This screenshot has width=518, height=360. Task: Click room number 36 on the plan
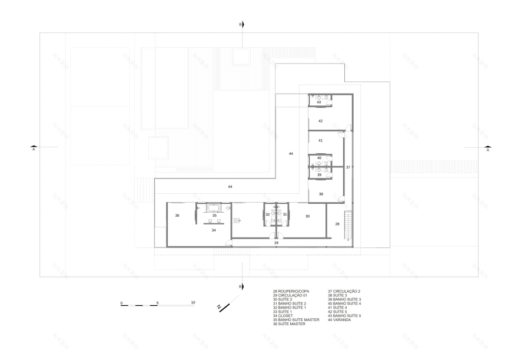point(177,216)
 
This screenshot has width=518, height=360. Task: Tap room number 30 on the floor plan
point(307,216)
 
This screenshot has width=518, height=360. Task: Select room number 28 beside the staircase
point(337,224)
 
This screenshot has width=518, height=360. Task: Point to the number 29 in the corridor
point(276,242)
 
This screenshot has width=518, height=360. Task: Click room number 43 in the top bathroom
point(319,103)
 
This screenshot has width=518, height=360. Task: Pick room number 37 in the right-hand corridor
point(348,168)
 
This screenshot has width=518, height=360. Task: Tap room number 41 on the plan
point(321,141)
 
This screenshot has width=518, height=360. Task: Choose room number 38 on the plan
point(321,194)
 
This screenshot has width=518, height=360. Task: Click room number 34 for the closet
point(214,230)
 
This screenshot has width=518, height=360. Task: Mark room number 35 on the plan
point(214,216)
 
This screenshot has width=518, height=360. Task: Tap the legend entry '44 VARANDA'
point(339,320)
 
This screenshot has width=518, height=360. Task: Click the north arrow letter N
point(218,307)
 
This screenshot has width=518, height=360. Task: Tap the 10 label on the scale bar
point(192,302)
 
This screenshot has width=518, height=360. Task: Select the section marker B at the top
point(240,25)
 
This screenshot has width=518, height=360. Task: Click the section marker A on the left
point(34,150)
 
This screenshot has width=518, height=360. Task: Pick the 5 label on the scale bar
point(157,302)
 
